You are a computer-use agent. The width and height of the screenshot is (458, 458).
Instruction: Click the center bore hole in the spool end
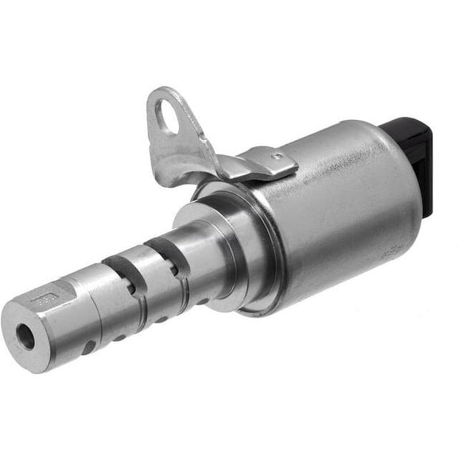point(26,338)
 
